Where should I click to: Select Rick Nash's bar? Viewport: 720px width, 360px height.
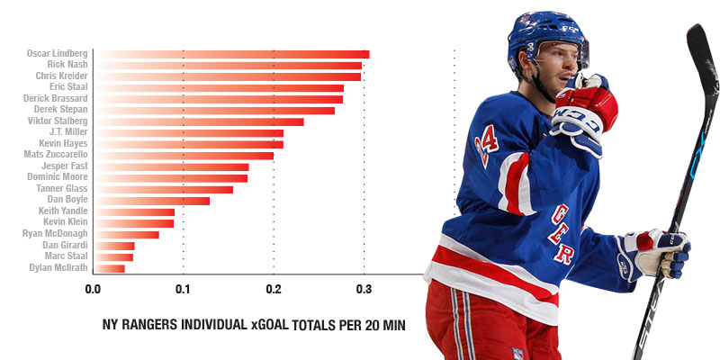coord(228,65)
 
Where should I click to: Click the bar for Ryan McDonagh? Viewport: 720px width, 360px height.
coord(126,234)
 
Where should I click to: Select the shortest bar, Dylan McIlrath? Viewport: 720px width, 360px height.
coord(109,268)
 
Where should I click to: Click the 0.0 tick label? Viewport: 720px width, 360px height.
coord(93,289)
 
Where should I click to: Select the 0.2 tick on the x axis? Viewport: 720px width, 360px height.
coord(274,289)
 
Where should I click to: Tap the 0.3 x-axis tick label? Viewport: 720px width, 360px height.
coord(364,289)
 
